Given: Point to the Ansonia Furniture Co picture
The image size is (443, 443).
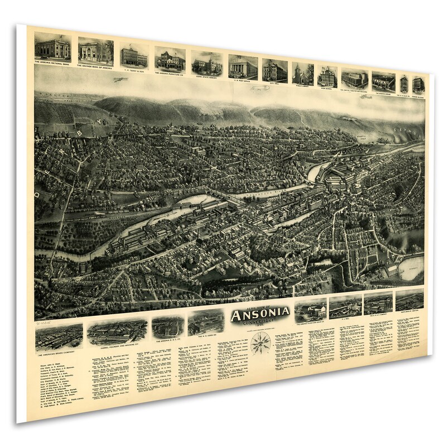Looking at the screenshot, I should pos(170,59).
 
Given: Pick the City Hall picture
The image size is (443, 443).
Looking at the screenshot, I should pos(275,70).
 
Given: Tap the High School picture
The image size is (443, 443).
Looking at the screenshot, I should pos(327,76).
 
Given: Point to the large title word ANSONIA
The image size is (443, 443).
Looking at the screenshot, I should pos(260,315).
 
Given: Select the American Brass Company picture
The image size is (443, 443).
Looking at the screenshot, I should pos(59,336).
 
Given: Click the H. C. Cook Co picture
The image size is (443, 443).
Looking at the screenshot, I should pos(205,323).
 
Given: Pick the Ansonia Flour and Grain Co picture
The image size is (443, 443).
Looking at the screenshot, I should pos(310,310).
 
